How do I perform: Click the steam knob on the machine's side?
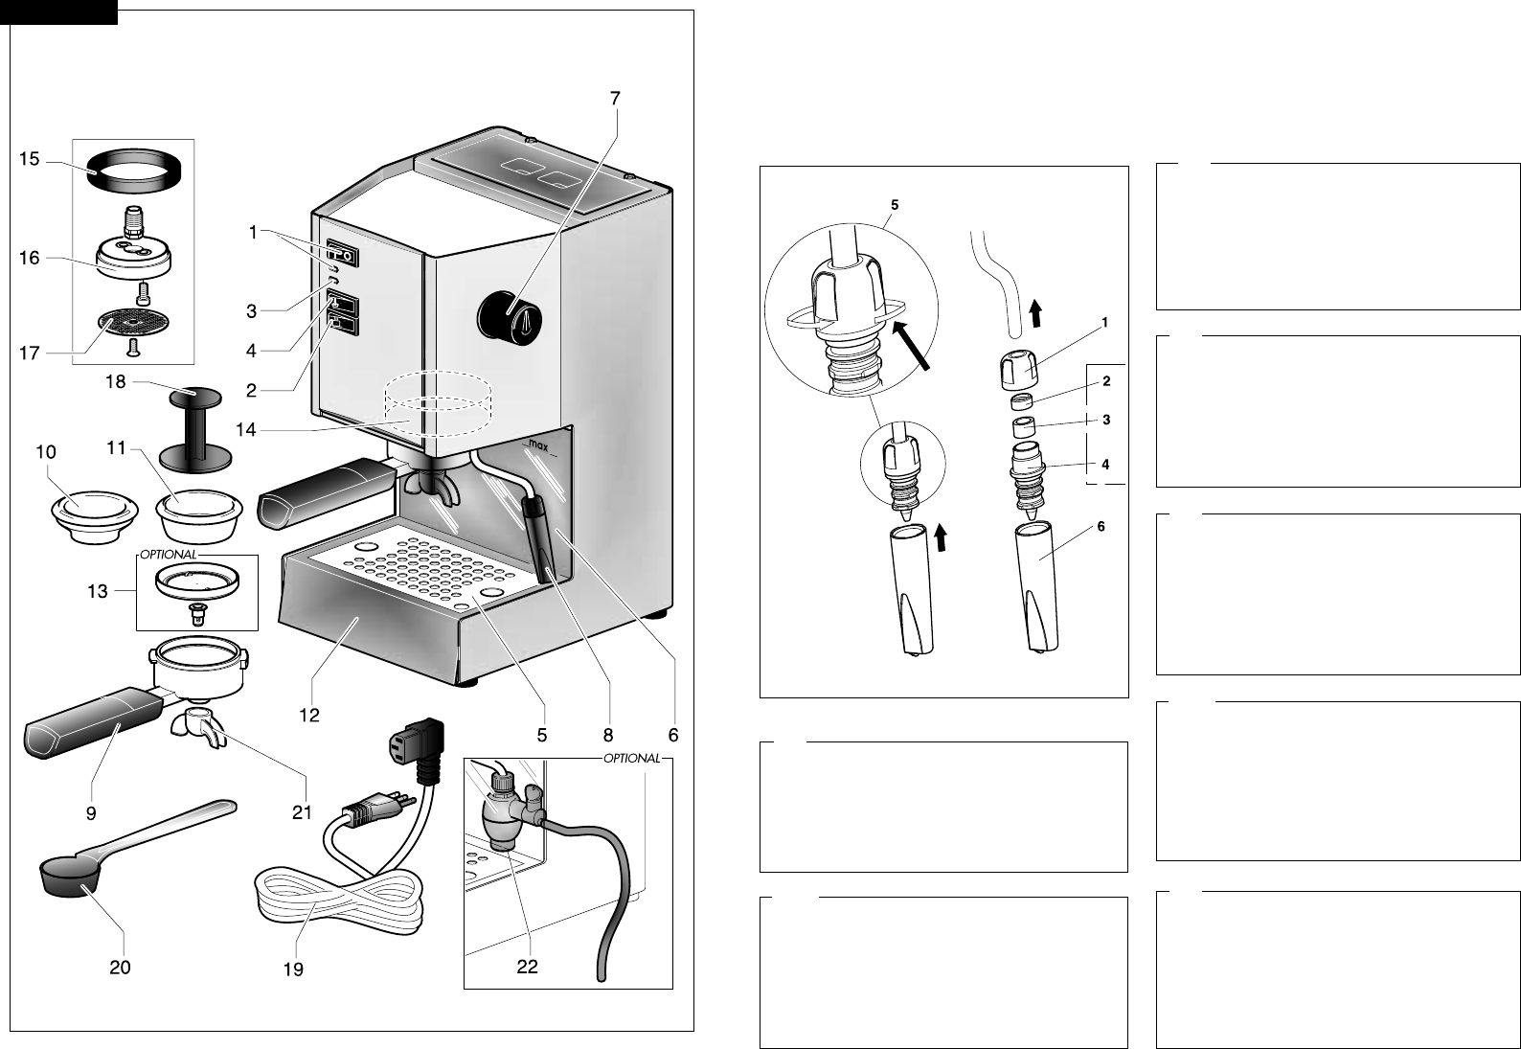[x=510, y=316]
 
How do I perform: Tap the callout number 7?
[x=615, y=99]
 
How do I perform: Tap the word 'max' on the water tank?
[x=537, y=446]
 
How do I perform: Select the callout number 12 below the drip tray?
[x=309, y=715]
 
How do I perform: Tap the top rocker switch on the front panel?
[x=342, y=254]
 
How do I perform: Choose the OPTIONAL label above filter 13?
[x=169, y=554]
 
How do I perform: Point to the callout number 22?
[x=527, y=967]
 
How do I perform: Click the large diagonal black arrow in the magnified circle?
[x=911, y=346]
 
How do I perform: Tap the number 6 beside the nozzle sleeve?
[x=1101, y=526]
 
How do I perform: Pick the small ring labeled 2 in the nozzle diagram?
[x=1021, y=402]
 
